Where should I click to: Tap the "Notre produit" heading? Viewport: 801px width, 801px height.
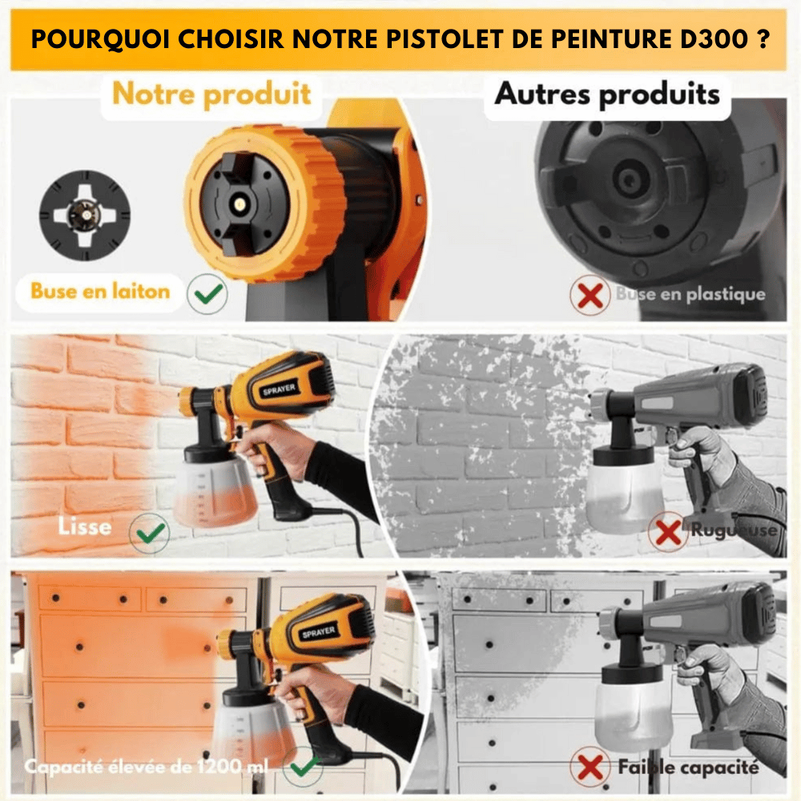(211, 95)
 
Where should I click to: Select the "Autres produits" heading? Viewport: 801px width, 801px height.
(606, 94)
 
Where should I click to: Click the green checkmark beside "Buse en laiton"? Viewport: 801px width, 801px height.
(207, 293)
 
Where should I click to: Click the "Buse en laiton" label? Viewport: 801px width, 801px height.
(100, 291)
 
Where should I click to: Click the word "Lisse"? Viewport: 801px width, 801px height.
(84, 527)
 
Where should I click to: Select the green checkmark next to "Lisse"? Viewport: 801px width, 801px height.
(151, 531)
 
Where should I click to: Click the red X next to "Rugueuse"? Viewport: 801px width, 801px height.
(668, 531)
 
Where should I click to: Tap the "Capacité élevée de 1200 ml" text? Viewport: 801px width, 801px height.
(147, 767)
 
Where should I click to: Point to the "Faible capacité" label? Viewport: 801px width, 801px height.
(688, 767)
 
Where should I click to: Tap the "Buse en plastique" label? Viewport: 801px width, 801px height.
(690, 295)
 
